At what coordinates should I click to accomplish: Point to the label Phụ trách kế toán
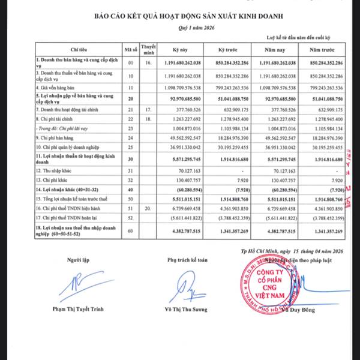point(186,259)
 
